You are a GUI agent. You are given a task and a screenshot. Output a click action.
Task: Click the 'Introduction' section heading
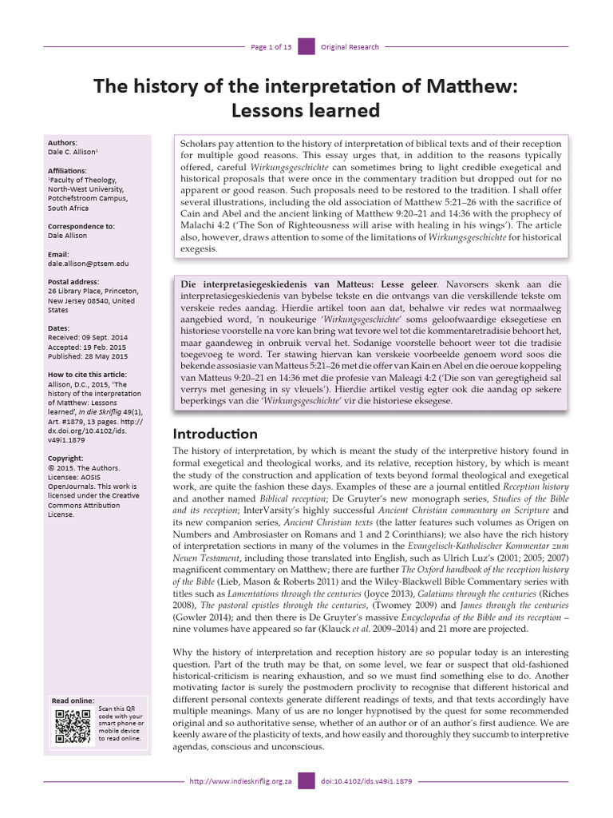pos(216,434)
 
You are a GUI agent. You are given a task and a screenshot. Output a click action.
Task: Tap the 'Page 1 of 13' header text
pos(271,47)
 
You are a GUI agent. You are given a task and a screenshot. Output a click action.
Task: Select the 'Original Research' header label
pos(350,47)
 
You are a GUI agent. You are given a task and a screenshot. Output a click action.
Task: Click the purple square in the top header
pos(306,47)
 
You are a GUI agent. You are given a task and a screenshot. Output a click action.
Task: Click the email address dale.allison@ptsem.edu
pos(88,263)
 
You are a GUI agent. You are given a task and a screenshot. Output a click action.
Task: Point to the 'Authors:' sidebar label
pos(63,142)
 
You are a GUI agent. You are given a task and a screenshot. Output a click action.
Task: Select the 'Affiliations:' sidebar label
pos(69,170)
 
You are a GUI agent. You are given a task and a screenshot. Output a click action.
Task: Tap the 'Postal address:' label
pos(75,282)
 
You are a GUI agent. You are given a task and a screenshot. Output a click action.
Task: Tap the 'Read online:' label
pos(73,700)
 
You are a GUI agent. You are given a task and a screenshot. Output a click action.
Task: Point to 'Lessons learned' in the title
pos(306,109)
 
